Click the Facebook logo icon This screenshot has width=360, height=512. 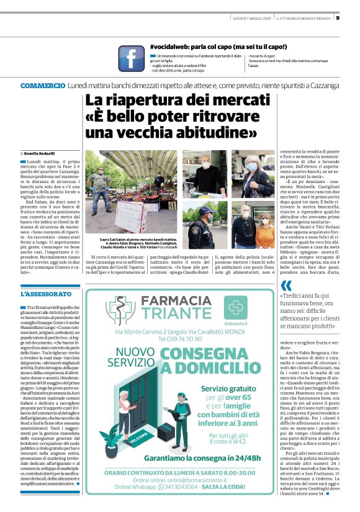coord(131,58)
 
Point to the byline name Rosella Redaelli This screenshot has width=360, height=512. coord(40,152)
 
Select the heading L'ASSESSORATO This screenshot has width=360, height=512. coord(46,294)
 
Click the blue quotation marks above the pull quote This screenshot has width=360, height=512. coord(285,285)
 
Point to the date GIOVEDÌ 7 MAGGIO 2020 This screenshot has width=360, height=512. coord(252,17)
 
